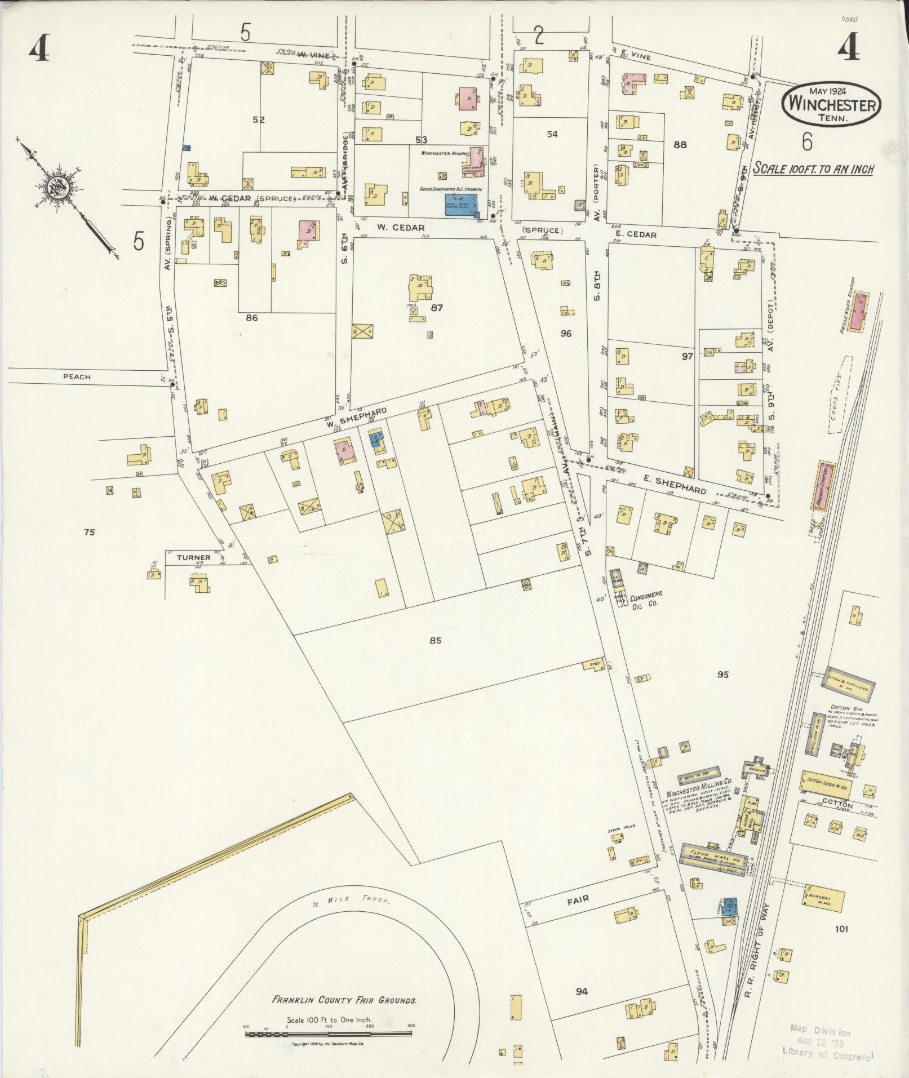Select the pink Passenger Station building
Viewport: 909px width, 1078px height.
[x=860, y=312]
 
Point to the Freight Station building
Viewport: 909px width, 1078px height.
[x=823, y=486]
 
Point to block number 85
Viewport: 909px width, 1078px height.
[x=434, y=640]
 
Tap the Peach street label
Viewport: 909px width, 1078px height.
[x=77, y=377]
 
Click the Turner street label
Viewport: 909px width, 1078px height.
[x=193, y=557]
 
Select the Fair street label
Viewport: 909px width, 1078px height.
[x=578, y=899]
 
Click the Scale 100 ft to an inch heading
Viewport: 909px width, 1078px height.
[x=813, y=169]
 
